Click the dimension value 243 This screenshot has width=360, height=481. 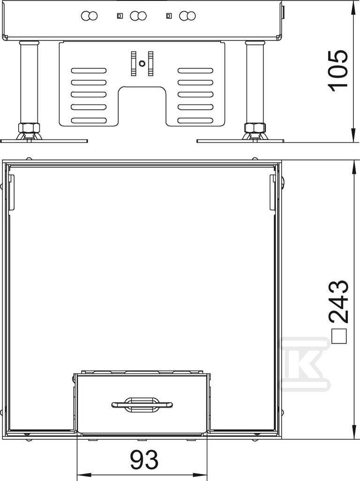338,302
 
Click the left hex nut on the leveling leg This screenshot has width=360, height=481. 28,127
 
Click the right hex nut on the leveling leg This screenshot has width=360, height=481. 254,127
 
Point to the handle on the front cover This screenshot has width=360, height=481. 142,404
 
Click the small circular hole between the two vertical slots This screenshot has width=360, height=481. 142,63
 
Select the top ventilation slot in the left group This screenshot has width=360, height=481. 89,70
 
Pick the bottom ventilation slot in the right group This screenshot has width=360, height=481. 195,120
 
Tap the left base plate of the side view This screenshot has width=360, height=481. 44,141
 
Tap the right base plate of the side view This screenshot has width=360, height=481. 240,141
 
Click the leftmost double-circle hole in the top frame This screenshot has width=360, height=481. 89,16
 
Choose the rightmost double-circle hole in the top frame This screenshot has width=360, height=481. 188,16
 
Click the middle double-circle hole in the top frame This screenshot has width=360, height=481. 138,16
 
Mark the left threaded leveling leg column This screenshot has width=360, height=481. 29,82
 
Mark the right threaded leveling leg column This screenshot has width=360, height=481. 254,82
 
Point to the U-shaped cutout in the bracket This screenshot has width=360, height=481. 142,106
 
